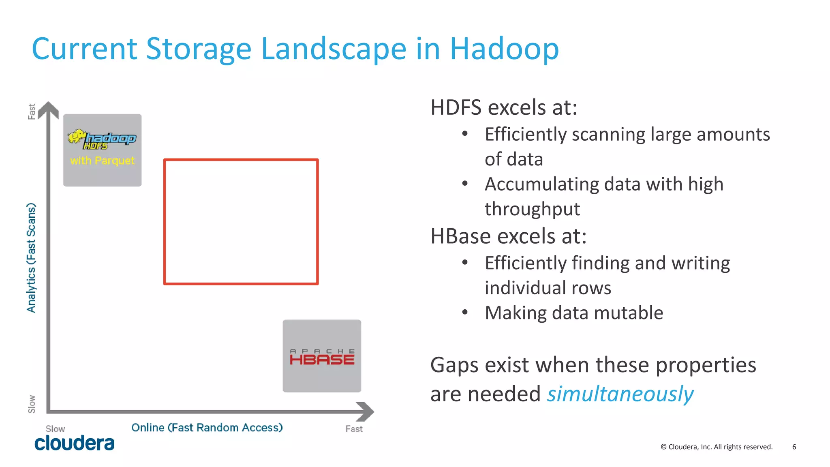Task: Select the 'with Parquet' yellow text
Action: (102, 161)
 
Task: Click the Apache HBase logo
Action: (322, 357)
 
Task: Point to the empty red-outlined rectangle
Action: (241, 222)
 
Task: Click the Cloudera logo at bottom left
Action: (74, 443)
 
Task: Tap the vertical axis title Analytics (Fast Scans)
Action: (31, 258)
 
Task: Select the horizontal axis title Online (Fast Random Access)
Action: (207, 428)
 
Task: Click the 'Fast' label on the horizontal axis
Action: (354, 429)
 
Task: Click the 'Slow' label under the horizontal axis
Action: (55, 429)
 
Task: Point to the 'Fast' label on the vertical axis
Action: (32, 111)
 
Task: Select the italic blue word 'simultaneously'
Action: (620, 394)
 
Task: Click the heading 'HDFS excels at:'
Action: (504, 107)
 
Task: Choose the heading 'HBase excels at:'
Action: (508, 236)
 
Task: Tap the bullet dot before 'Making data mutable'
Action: (465, 312)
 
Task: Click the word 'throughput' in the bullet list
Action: (532, 209)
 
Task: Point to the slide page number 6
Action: (794, 447)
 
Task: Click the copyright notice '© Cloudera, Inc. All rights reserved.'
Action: (717, 447)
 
